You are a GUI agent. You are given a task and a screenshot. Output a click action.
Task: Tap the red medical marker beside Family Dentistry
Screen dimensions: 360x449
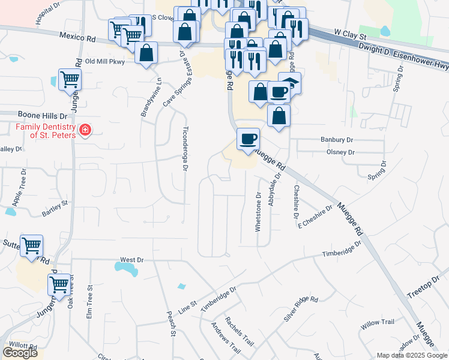(85, 131)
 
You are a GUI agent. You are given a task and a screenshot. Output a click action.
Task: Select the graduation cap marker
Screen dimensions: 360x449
(290, 83)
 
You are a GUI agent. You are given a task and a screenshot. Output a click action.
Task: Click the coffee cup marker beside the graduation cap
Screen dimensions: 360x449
(279, 92)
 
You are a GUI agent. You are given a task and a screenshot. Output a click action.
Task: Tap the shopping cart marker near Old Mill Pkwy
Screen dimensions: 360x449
(70, 79)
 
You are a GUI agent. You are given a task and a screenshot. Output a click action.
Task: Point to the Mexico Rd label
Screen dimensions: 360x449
(77, 37)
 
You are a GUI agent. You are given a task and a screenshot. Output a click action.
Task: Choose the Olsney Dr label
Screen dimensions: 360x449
(340, 152)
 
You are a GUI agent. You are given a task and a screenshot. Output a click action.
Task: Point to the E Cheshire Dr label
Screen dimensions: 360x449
(315, 218)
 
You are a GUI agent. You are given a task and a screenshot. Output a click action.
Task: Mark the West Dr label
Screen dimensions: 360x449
(131, 260)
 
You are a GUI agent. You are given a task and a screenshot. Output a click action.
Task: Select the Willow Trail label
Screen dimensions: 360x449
(377, 322)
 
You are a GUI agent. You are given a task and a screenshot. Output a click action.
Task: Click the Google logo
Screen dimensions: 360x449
(20, 353)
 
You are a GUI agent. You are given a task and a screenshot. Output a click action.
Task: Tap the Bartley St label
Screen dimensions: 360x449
(55, 209)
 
